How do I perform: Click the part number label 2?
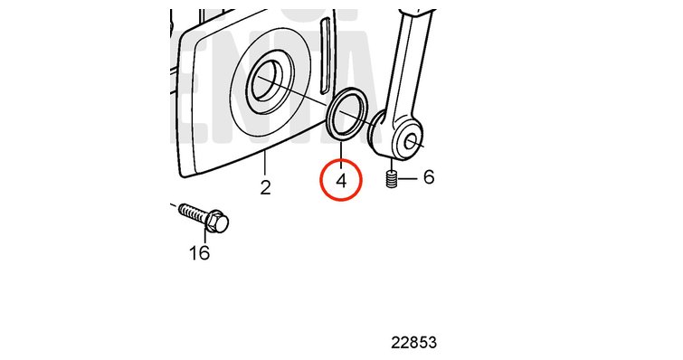(266, 187)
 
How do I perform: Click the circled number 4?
(341, 181)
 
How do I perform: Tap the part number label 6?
(429, 176)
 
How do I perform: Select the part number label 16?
(200, 252)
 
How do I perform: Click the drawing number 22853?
(413, 343)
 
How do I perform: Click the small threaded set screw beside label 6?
(392, 179)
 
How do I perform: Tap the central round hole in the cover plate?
(267, 81)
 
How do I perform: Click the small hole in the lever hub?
(410, 141)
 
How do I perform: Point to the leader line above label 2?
(265, 163)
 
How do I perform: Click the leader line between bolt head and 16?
(204, 237)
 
